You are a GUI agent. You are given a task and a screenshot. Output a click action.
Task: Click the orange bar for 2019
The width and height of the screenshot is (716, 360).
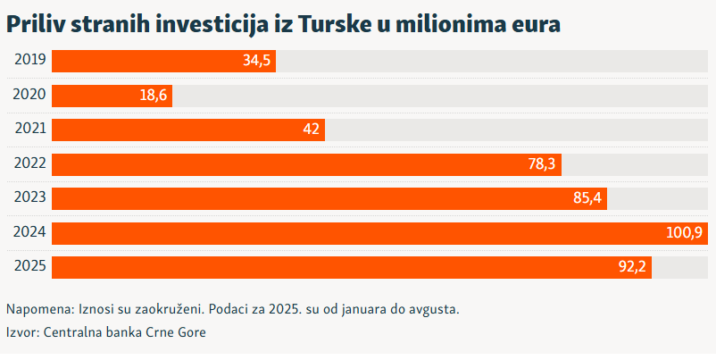[143, 61]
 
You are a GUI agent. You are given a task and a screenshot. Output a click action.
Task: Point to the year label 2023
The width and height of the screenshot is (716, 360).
[30, 198]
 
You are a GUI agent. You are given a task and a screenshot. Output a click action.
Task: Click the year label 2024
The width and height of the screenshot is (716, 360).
[30, 232]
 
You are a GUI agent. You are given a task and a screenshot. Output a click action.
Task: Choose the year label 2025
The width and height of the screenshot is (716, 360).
[30, 267]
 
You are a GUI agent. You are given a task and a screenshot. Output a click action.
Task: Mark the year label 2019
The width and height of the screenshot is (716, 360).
[30, 61]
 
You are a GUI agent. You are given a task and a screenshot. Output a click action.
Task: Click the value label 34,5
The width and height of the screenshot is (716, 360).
[256, 61]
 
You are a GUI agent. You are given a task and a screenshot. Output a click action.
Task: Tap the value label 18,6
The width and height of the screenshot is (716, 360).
[153, 96]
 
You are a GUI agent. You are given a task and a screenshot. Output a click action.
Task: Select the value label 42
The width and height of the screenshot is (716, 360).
[312, 130]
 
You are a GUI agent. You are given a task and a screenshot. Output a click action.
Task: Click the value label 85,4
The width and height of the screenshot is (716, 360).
[587, 198]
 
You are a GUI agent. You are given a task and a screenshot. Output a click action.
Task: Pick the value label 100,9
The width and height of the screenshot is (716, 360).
[684, 233]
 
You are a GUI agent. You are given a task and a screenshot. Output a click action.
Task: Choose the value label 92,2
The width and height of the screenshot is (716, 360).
[632, 267]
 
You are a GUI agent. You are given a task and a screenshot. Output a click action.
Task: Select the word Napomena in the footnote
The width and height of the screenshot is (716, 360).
[38, 309]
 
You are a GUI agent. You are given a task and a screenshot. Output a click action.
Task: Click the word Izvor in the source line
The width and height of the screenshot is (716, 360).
[21, 332]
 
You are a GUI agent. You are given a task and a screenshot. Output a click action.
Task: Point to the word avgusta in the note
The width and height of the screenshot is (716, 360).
[432, 309]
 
